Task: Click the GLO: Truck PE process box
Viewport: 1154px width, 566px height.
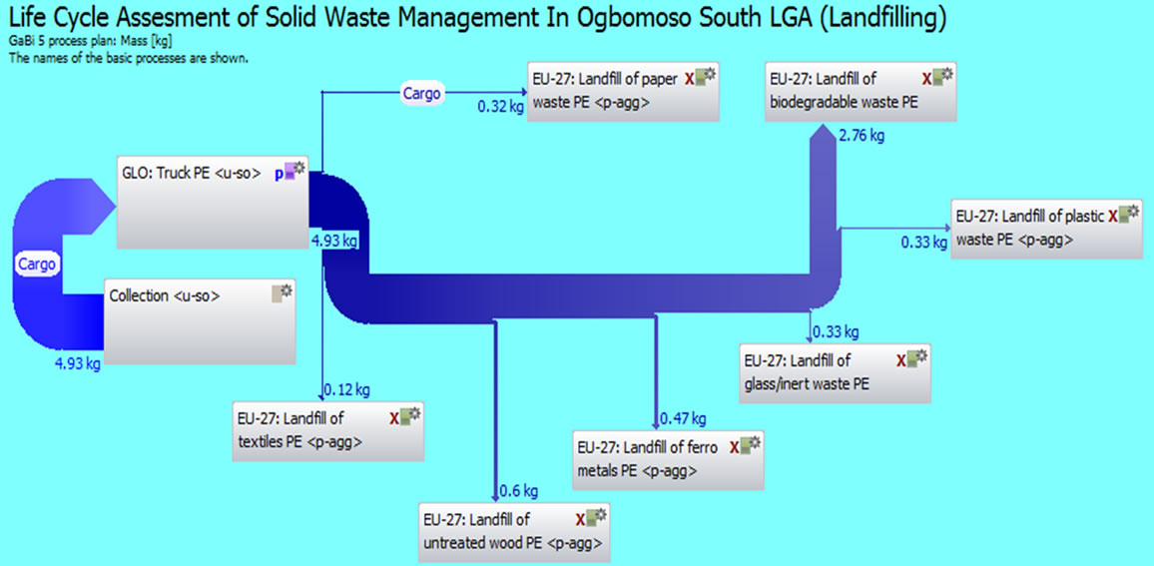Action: (214, 203)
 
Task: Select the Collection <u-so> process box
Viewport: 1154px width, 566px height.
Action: (201, 320)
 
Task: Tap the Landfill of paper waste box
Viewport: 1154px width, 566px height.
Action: (623, 91)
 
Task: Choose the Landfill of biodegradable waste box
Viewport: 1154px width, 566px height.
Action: (862, 91)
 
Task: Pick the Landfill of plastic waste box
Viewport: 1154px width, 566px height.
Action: (1046, 229)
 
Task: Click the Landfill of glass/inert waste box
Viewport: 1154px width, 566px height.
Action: (836, 373)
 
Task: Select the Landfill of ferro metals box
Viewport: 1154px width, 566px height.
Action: (668, 460)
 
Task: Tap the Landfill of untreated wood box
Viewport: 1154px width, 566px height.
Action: (514, 532)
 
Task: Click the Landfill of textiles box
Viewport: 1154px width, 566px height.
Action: (328, 431)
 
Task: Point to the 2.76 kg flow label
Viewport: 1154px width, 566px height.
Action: (862, 136)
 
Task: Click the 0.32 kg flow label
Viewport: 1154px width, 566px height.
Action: (500, 106)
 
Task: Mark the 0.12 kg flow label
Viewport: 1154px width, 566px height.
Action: (346, 389)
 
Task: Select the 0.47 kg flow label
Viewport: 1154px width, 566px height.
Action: (683, 419)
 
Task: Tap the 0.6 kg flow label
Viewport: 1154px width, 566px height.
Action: (519, 491)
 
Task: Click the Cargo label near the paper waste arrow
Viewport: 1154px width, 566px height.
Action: (422, 94)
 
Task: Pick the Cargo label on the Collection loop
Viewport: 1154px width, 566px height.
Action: (36, 265)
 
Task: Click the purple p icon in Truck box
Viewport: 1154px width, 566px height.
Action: (279, 175)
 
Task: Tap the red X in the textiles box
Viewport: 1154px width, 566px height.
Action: (394, 419)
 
